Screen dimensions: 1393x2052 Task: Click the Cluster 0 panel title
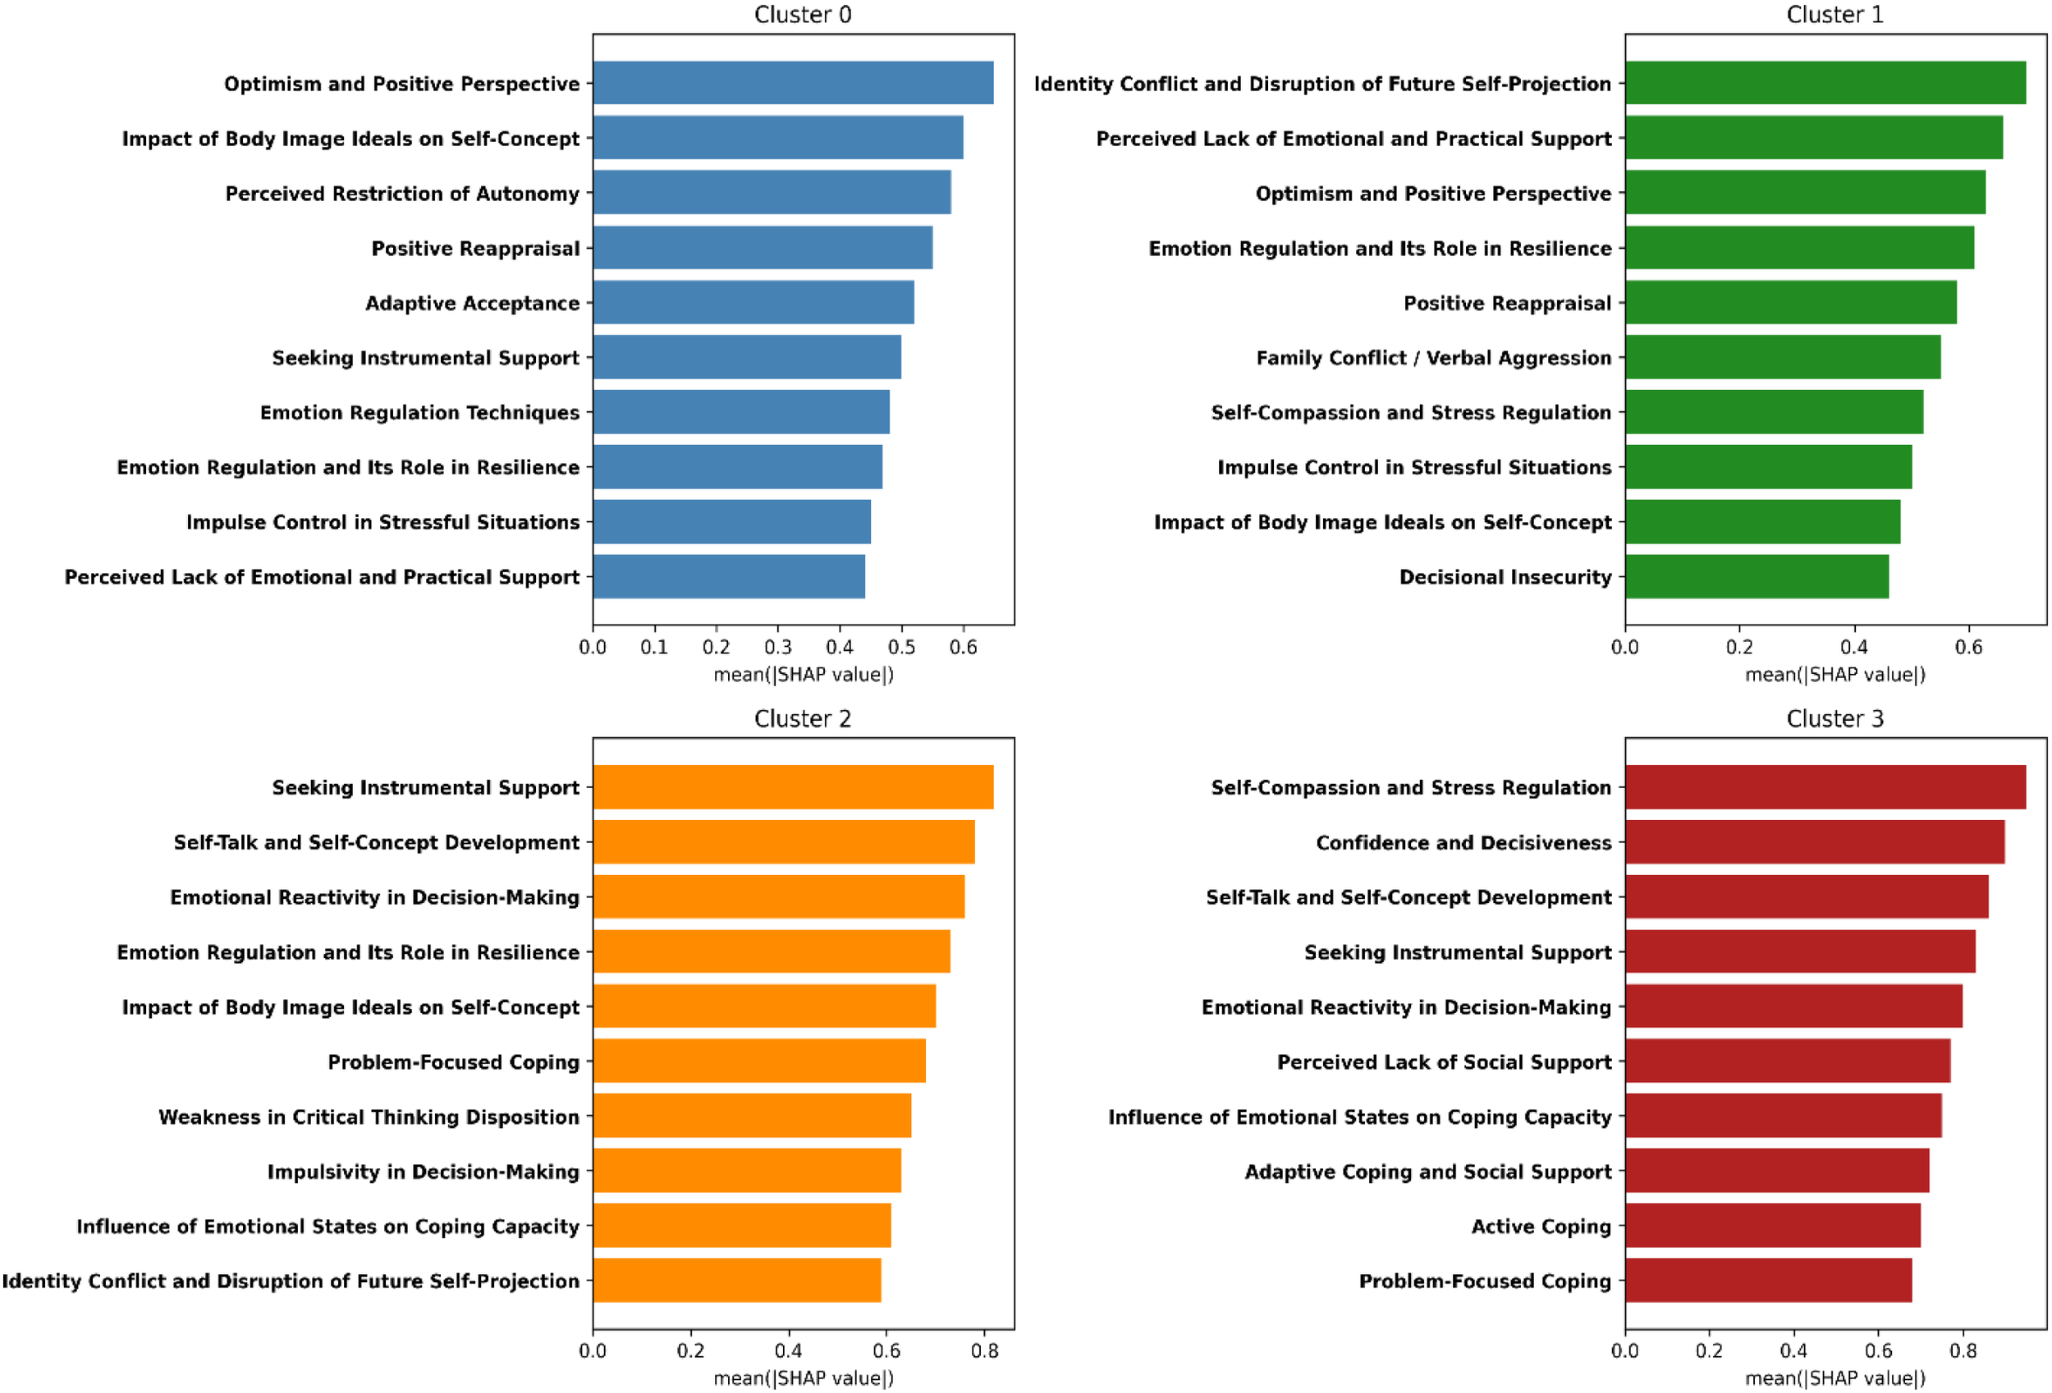point(802,15)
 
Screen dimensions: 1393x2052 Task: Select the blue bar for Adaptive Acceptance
point(753,303)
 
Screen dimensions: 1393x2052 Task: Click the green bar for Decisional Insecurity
point(1757,576)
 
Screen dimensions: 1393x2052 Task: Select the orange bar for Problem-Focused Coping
point(759,1061)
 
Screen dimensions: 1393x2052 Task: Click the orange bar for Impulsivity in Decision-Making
point(747,1171)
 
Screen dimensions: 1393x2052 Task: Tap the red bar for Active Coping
point(1772,1226)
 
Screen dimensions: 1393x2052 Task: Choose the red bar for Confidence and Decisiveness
point(1814,842)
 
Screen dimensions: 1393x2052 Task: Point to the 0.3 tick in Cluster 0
point(778,647)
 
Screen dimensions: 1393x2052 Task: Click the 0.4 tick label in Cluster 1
point(1853,647)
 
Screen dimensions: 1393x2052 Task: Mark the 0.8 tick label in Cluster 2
point(984,1350)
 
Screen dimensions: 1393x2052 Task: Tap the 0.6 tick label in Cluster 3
point(1878,1350)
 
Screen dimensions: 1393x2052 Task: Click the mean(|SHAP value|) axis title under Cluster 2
point(803,1378)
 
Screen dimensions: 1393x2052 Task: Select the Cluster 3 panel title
point(1834,718)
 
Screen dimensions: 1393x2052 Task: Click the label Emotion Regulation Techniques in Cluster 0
point(419,412)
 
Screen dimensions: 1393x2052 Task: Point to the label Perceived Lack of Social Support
point(1444,1062)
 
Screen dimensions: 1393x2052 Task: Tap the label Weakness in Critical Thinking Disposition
point(369,1116)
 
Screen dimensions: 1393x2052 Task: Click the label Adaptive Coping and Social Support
point(1427,1171)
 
